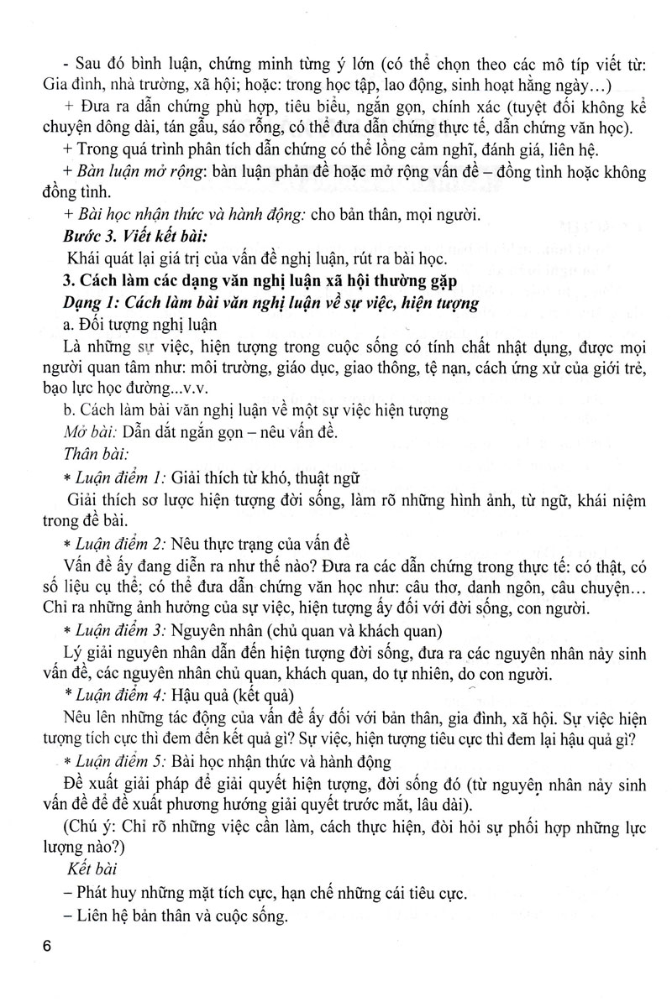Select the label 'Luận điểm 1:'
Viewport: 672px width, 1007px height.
[x=119, y=479]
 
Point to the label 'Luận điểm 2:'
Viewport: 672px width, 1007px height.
[x=119, y=544]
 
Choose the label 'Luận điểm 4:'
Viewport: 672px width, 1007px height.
[x=120, y=694]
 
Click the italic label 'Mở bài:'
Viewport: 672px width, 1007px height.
[x=86, y=434]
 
